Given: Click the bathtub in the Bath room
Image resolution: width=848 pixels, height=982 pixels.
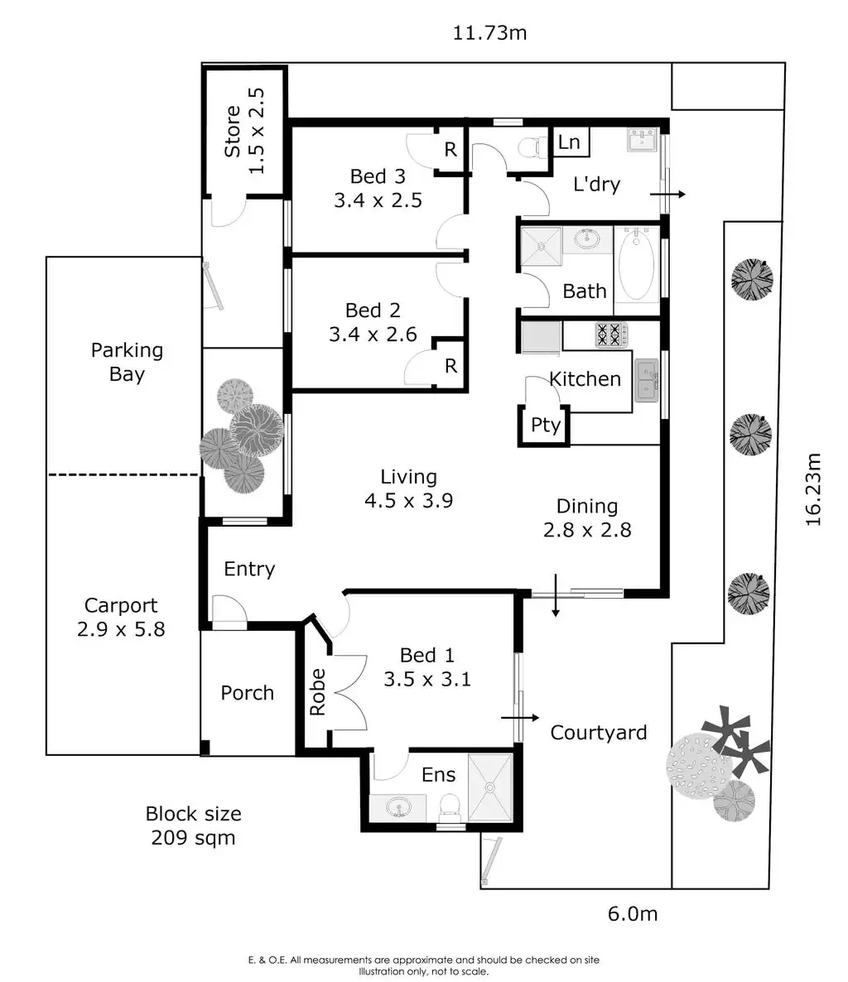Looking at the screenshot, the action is coord(636,265).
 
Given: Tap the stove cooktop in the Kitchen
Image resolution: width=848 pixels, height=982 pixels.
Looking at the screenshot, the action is coord(609,335).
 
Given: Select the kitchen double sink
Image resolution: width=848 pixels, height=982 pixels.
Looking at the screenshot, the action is coord(646,380).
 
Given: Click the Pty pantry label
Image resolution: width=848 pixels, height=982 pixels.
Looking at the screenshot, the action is coord(546,426).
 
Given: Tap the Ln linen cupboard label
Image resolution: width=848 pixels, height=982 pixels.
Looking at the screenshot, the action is coord(569,142).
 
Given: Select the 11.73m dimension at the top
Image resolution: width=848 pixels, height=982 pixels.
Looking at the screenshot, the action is coord(489,33).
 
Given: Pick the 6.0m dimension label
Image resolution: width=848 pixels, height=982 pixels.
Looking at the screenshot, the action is coord(633,913).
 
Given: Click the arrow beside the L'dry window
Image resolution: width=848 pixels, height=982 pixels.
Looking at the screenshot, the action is coord(667,195).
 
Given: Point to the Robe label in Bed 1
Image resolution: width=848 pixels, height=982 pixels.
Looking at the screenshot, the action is coord(318,692).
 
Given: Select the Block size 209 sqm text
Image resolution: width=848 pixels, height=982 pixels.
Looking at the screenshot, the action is coord(193,826).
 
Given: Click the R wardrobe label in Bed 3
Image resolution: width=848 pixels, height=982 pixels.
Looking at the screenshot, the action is coord(450,150).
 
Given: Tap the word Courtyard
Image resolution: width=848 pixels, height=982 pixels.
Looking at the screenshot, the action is coord(599,733).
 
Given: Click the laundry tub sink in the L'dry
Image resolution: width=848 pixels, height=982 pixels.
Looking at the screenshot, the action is coord(642,140).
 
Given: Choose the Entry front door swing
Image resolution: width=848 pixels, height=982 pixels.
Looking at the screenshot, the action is coord(227,610).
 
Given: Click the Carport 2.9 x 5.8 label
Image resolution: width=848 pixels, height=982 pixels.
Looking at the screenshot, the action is coord(121,618).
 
